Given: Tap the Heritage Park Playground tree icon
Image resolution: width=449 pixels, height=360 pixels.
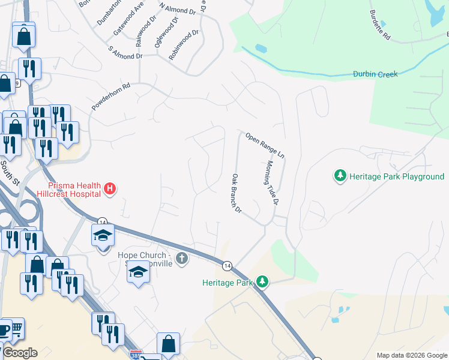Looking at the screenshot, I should pos(340,176).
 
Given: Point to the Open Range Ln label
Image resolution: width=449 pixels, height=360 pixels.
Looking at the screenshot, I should pos(264,144).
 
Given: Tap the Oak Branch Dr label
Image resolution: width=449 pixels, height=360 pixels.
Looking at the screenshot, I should pos(237,193).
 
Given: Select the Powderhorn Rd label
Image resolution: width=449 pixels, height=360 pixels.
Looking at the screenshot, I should pos(111,97).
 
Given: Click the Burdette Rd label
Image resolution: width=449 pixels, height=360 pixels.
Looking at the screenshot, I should pos(380,25).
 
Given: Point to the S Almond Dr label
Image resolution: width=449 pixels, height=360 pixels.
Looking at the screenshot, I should pos(125,52).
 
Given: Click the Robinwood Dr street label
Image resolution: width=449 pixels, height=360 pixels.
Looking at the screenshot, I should pos(184,45).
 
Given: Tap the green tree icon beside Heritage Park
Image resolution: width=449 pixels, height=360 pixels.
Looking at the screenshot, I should pos(262,281).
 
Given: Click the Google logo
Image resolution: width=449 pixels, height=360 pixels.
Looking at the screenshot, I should pos(20,353).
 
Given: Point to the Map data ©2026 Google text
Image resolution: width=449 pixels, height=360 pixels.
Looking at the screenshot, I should pos(411,355).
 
